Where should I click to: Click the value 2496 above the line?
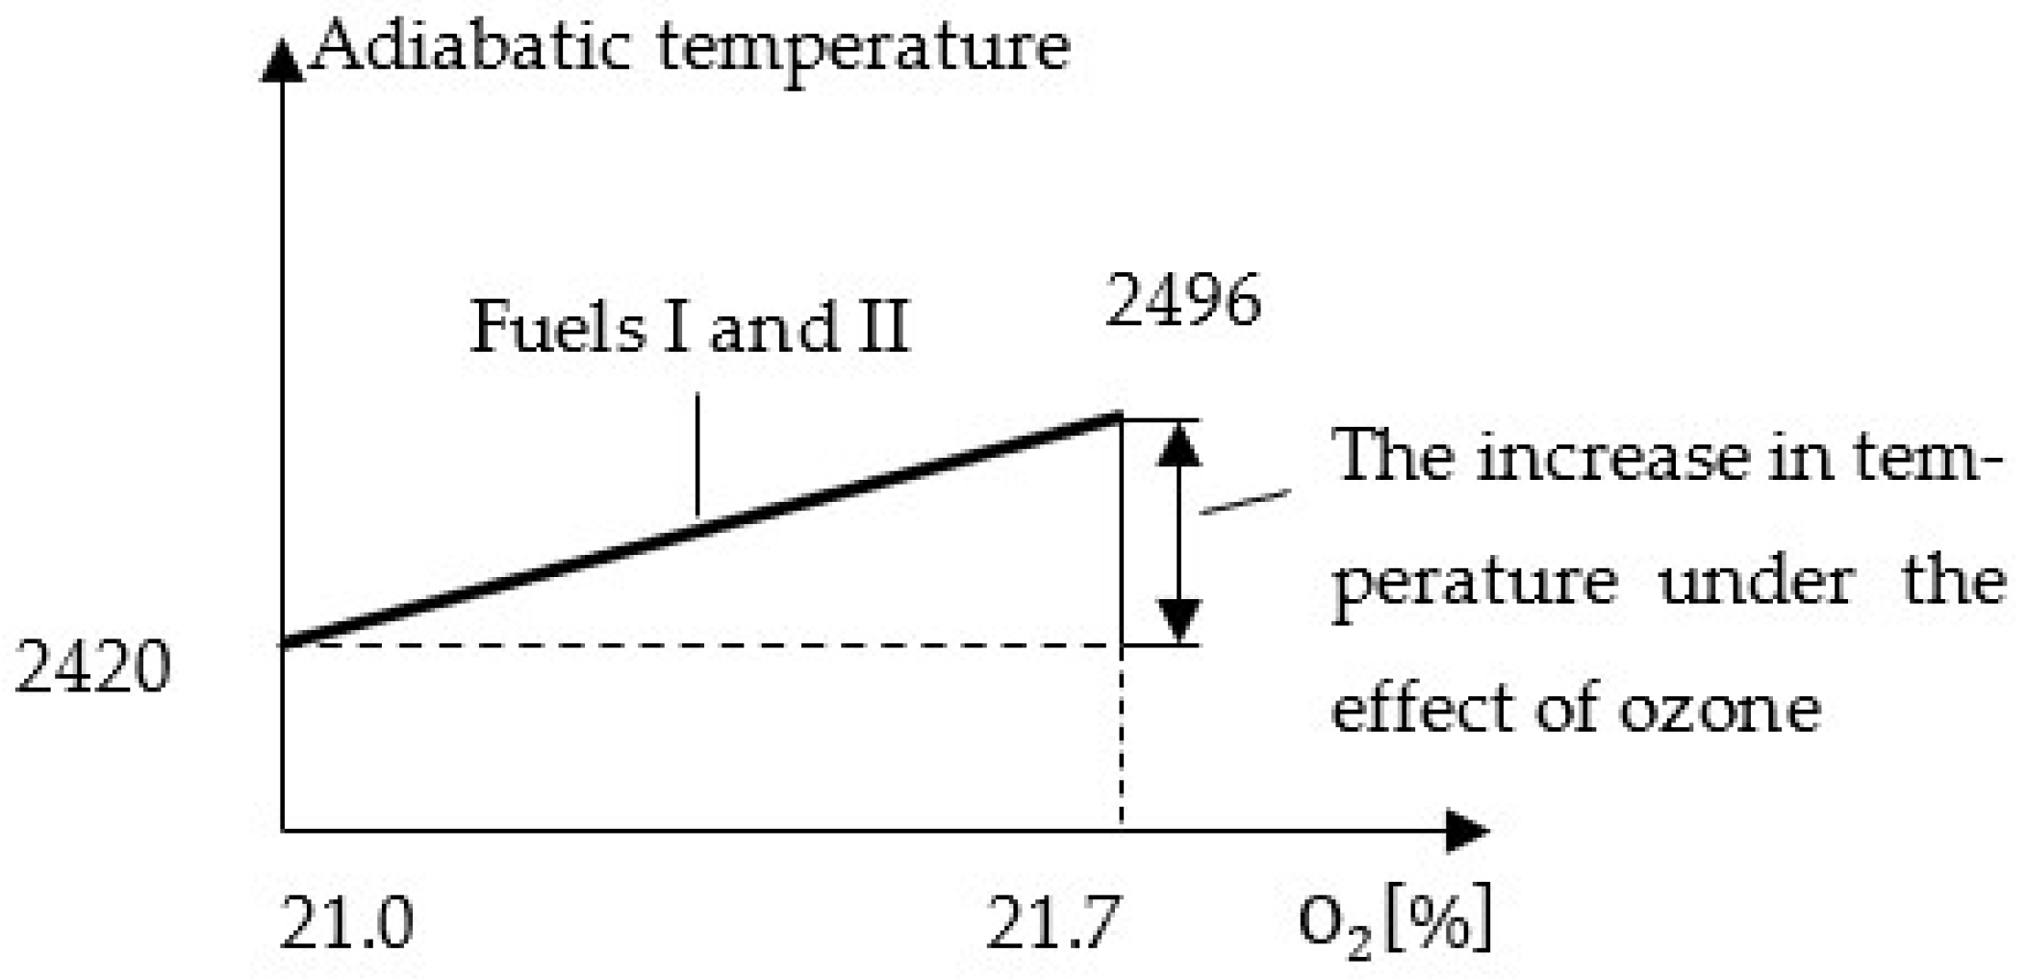click(1182, 301)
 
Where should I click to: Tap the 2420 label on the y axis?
click(93, 667)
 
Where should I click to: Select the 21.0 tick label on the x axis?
click(346, 922)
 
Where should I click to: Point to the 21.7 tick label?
click(1053, 922)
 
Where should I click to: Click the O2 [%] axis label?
click(1394, 920)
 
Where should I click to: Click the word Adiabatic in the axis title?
click(469, 45)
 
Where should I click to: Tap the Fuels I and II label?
click(689, 327)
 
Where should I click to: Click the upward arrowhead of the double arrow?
click(1179, 445)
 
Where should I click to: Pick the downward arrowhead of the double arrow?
click(1179, 620)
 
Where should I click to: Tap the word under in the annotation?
click(1756, 583)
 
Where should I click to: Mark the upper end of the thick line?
click(1118, 416)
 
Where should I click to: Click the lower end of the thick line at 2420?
click(286, 643)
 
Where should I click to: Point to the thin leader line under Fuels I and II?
click(696, 454)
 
